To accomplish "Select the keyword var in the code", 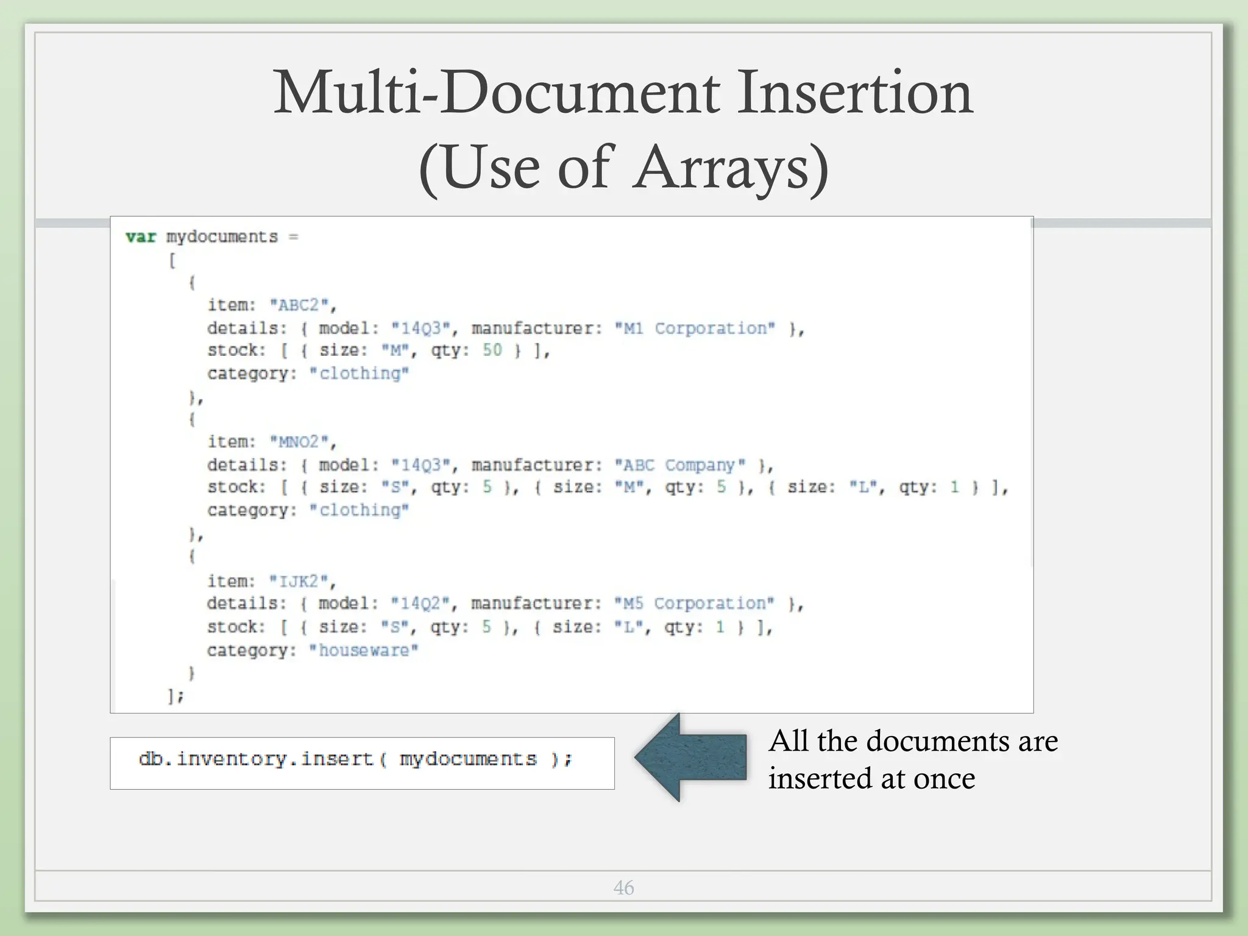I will [x=141, y=236].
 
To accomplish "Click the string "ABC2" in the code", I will [x=299, y=305].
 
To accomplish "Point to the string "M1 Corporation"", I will [x=695, y=328].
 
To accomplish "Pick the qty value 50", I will [x=492, y=350].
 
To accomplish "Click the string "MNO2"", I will [x=299, y=441].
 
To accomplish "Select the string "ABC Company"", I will [x=679, y=466].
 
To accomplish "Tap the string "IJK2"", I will [x=299, y=581].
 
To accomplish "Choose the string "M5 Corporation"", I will [x=694, y=603].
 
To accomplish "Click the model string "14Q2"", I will [x=420, y=603].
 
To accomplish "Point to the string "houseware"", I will [x=363, y=650].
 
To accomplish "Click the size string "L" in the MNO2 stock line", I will [x=863, y=487].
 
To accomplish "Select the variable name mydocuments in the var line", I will [x=222, y=236].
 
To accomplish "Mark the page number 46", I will [x=623, y=888].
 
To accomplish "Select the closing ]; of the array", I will [x=175, y=695].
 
